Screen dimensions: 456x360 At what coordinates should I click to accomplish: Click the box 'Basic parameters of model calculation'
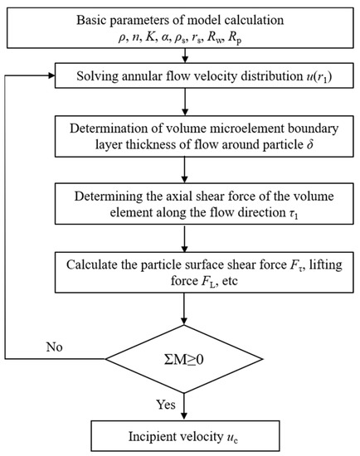180,27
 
